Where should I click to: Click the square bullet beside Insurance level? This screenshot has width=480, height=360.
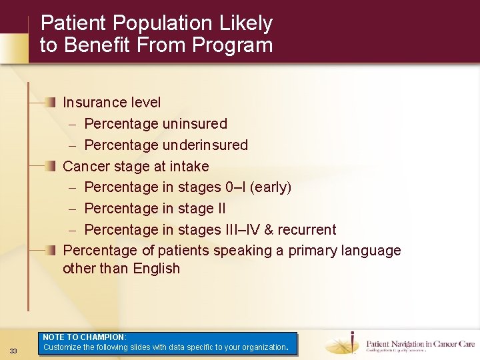[x=51, y=102]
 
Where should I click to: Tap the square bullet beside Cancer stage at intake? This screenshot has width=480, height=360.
[x=51, y=166]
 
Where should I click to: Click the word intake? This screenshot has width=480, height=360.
[x=189, y=167]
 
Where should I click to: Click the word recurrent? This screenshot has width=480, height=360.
[x=307, y=230]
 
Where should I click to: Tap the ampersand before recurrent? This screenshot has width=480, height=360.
[x=269, y=230]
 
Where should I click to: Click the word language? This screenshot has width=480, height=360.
[x=371, y=251]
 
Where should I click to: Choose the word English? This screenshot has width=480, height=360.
[x=157, y=269]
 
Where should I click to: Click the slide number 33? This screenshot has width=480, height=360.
[x=13, y=351]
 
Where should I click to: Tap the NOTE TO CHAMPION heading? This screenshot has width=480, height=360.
[x=84, y=338]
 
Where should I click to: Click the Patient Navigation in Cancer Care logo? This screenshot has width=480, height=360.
[x=400, y=344]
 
